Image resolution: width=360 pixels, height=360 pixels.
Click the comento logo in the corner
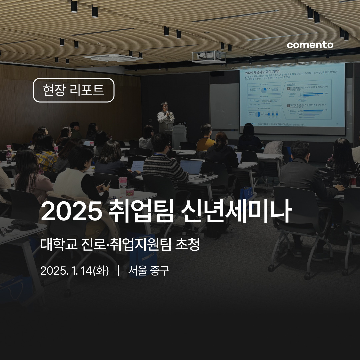tap(310, 45)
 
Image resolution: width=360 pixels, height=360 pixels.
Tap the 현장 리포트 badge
tap(73, 90)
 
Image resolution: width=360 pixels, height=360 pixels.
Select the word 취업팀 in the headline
tap(141, 211)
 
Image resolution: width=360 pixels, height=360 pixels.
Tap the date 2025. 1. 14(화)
tap(74, 271)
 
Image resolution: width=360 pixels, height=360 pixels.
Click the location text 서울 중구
tap(149, 271)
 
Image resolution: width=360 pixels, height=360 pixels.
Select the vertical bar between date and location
tap(119, 271)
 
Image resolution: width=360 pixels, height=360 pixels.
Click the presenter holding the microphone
tap(166, 117)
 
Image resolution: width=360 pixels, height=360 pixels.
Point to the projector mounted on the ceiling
tap(209, 57)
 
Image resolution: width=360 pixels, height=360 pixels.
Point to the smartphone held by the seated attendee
tap(107, 183)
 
